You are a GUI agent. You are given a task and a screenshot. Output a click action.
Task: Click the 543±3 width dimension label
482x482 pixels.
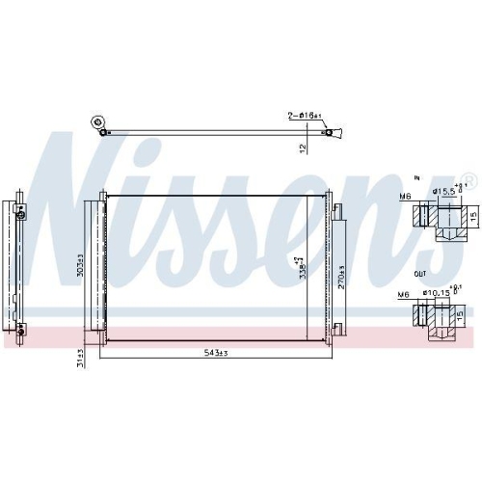(214, 355)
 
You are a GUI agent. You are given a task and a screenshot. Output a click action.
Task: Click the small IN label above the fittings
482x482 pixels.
(416, 178)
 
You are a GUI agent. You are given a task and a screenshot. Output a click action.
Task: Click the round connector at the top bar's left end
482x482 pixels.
(96, 122)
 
